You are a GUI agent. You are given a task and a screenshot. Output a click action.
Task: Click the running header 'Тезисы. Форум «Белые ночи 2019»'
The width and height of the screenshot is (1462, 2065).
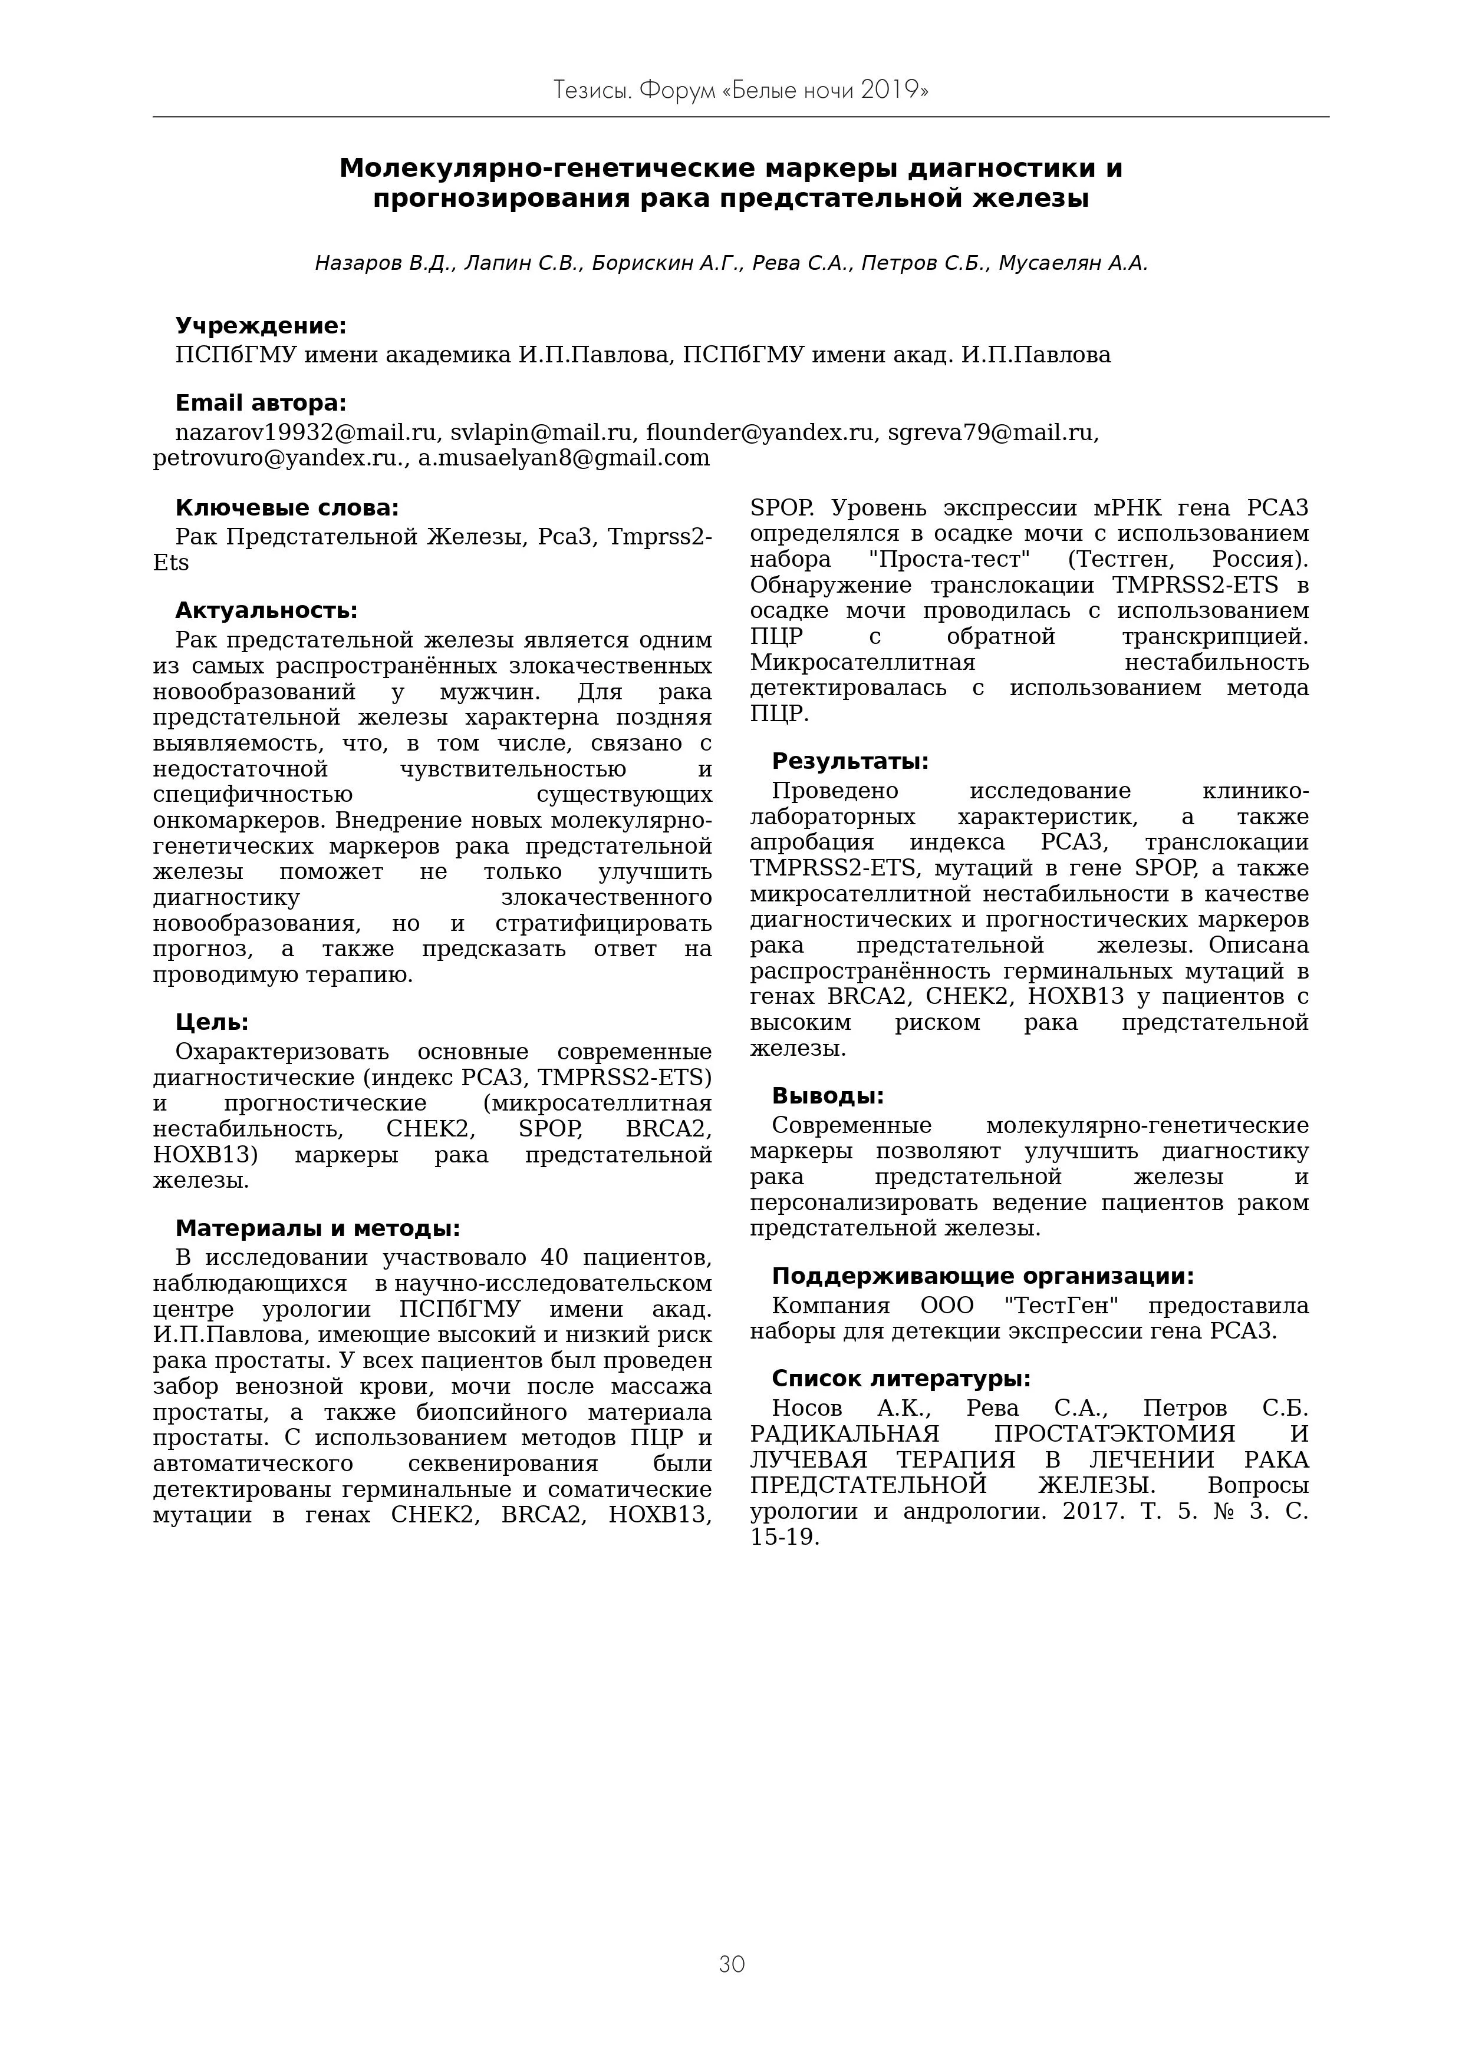[x=740, y=91]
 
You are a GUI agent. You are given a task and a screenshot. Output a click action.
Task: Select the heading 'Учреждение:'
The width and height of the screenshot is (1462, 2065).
[x=260, y=326]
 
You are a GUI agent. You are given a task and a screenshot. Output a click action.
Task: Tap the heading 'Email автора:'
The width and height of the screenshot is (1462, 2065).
[x=260, y=403]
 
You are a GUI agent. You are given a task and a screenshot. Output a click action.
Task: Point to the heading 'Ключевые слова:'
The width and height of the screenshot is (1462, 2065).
[x=287, y=508]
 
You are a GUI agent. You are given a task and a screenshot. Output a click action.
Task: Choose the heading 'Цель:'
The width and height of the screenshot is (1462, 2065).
[x=212, y=1022]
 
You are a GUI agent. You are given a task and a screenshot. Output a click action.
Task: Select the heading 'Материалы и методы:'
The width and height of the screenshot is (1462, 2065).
[x=317, y=1228]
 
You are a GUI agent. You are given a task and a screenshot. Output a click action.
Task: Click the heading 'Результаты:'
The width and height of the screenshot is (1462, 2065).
[x=850, y=762]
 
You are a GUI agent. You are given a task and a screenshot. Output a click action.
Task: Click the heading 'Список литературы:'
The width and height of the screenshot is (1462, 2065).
[x=900, y=1379]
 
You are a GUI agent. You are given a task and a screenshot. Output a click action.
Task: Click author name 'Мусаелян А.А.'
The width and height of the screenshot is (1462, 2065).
[x=1072, y=263]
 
